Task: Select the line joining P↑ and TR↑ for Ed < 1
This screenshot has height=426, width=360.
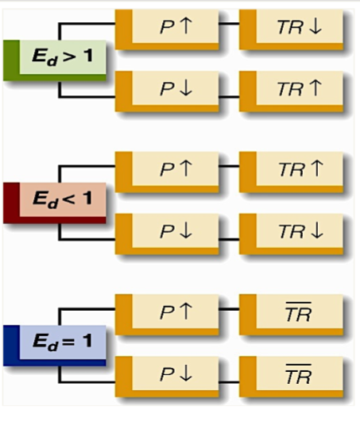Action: pos(229,169)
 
